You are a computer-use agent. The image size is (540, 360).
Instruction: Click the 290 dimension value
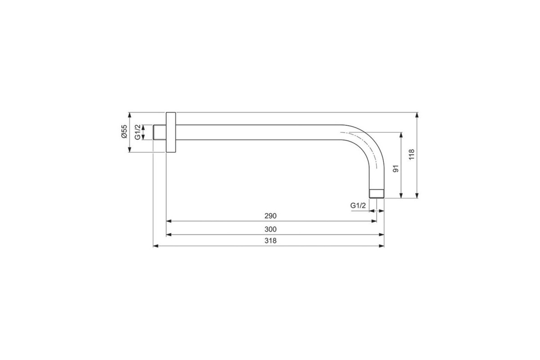click(270, 216)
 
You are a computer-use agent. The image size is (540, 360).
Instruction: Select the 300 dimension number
click(270, 229)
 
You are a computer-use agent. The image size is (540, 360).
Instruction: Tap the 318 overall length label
click(270, 241)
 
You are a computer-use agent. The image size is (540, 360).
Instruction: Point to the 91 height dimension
click(396, 169)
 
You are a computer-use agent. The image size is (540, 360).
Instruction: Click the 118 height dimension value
click(411, 154)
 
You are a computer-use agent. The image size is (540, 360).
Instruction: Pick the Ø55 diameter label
click(124, 131)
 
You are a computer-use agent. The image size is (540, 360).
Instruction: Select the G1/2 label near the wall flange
click(137, 132)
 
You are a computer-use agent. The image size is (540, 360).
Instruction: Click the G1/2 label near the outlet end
click(358, 206)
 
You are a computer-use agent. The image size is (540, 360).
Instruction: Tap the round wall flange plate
click(171, 132)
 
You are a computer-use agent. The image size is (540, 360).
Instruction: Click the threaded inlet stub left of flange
click(160, 132)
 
